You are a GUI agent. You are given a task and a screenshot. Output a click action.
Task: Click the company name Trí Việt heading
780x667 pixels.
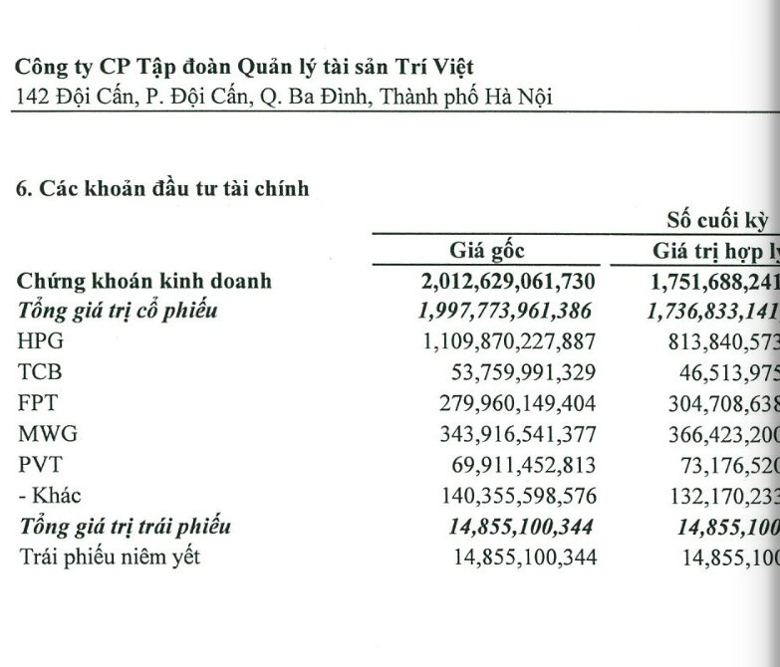click(x=244, y=67)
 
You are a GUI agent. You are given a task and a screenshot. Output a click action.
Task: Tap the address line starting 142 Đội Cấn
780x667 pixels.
click(x=285, y=97)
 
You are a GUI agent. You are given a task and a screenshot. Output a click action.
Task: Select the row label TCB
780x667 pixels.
click(x=38, y=371)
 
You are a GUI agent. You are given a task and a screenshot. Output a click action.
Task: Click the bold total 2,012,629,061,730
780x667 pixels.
click(x=509, y=281)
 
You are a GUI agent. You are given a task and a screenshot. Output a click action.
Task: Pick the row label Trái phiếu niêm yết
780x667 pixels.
click(x=110, y=556)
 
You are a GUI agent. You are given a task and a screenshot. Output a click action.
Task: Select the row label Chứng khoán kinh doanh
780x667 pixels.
click(x=144, y=281)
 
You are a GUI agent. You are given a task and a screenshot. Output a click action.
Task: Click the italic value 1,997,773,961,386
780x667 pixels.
click(x=507, y=311)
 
